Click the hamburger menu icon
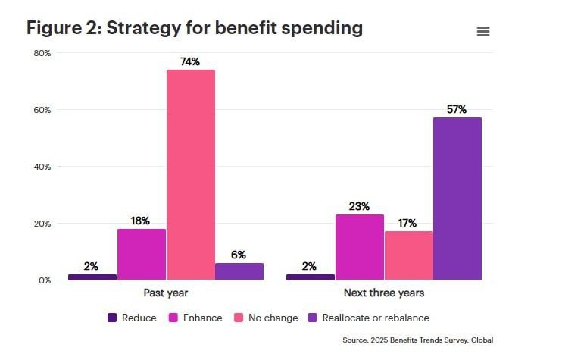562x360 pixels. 483,31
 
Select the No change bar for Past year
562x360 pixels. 191,174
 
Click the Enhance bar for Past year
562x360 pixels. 142,254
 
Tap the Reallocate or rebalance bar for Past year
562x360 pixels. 239,271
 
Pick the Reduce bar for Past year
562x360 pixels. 92,277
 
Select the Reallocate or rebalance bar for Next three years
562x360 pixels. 457,199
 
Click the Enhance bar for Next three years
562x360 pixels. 360,247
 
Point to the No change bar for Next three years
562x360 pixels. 409,255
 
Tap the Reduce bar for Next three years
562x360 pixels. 311,277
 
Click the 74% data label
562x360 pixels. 190,61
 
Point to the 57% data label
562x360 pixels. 457,109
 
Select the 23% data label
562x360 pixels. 359,206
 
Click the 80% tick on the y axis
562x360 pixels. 42,53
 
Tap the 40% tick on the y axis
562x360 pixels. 42,167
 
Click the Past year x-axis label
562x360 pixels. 166,293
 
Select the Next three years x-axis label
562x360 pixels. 384,293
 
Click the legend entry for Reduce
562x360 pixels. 133,318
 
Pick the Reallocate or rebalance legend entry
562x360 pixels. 369,318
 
